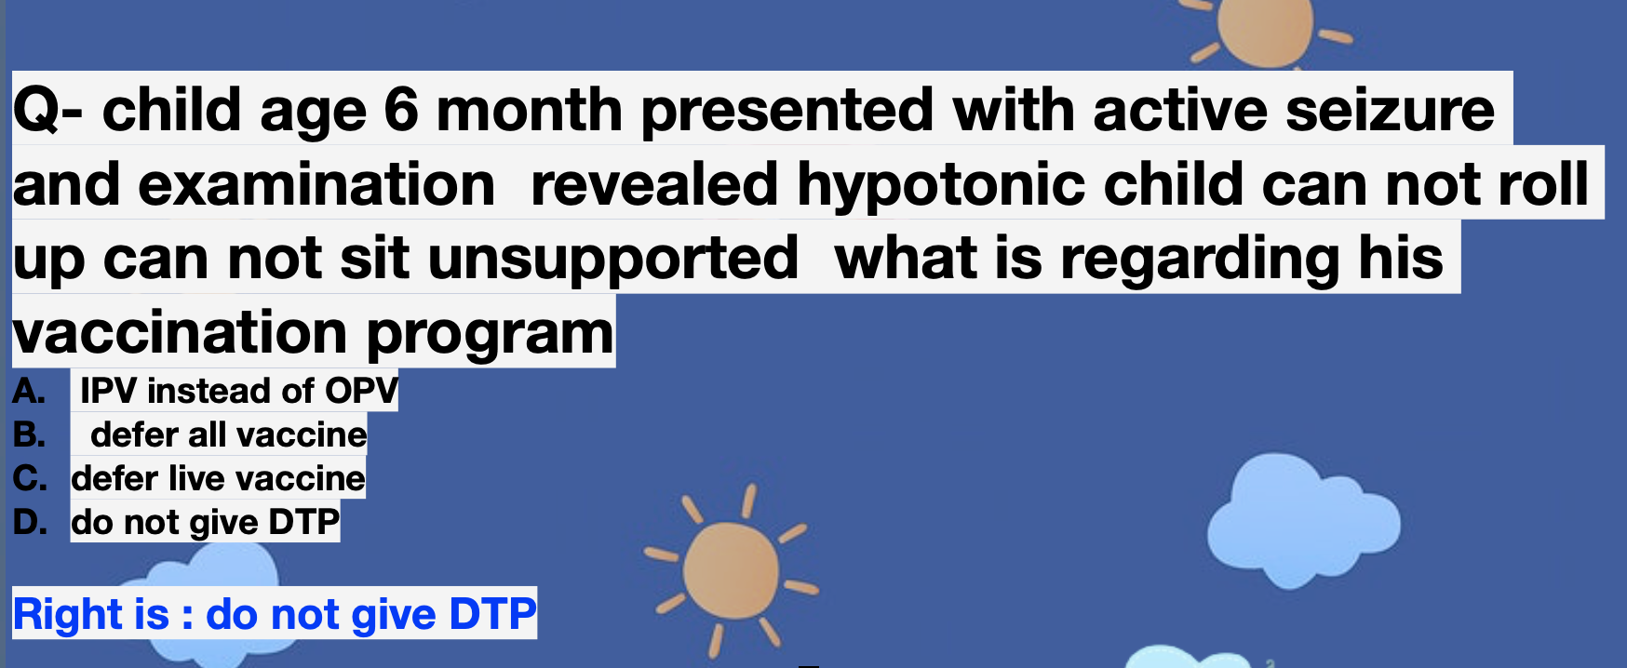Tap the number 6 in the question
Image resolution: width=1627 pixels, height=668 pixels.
[x=401, y=110]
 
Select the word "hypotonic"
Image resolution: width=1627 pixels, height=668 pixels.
[x=940, y=185]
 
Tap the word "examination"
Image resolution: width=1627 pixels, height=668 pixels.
[x=316, y=184]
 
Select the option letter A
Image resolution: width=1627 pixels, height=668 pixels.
[x=29, y=391]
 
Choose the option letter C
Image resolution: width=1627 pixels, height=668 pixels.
[x=30, y=478]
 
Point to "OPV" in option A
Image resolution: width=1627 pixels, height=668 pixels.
[x=361, y=391]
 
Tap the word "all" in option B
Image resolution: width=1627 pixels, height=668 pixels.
[x=207, y=434]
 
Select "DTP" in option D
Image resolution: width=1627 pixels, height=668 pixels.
[x=303, y=522]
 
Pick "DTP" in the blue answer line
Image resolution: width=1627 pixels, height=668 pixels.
[x=492, y=614]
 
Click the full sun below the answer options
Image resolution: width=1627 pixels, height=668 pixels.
[x=732, y=569]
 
